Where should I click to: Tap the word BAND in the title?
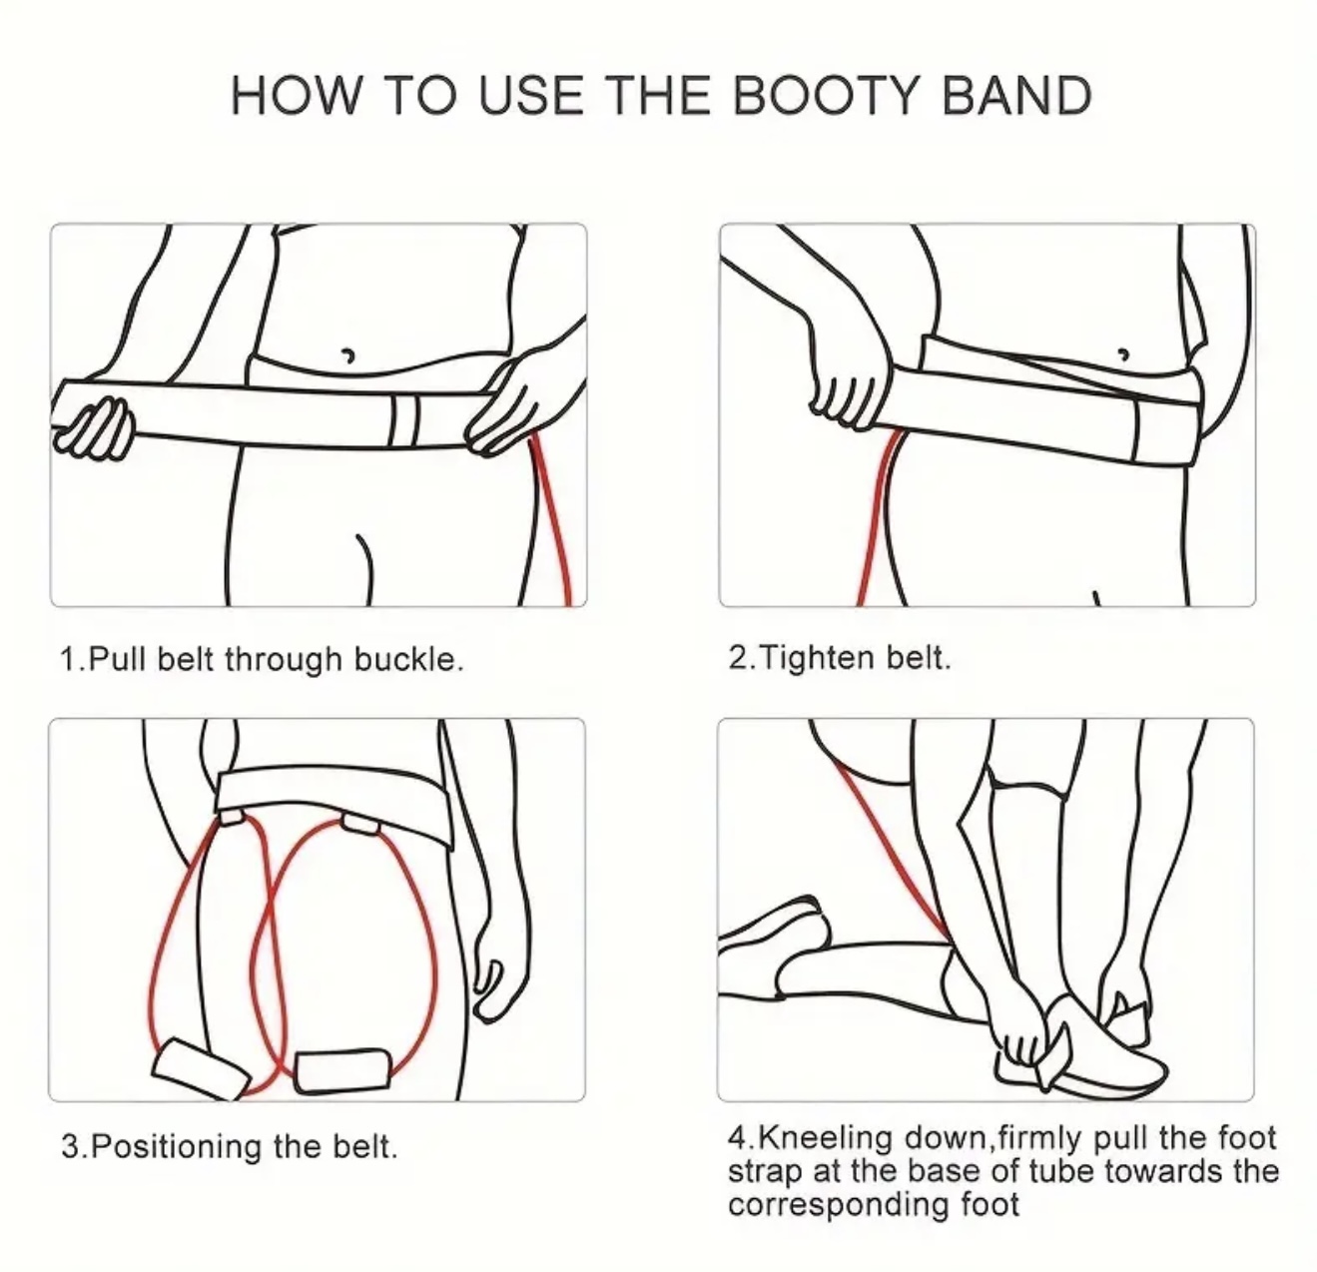click(1016, 96)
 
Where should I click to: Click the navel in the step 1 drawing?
click(348, 354)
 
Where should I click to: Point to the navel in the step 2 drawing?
click(1123, 353)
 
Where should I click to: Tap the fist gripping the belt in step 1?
click(92, 427)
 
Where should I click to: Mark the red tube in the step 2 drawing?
click(877, 515)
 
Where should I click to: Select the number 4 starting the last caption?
click(736, 1138)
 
